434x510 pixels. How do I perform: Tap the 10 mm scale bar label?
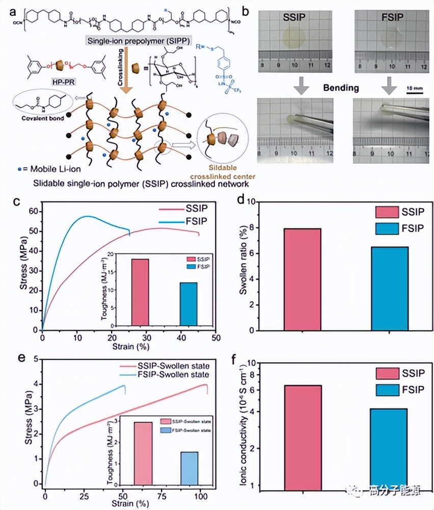(x=415, y=87)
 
